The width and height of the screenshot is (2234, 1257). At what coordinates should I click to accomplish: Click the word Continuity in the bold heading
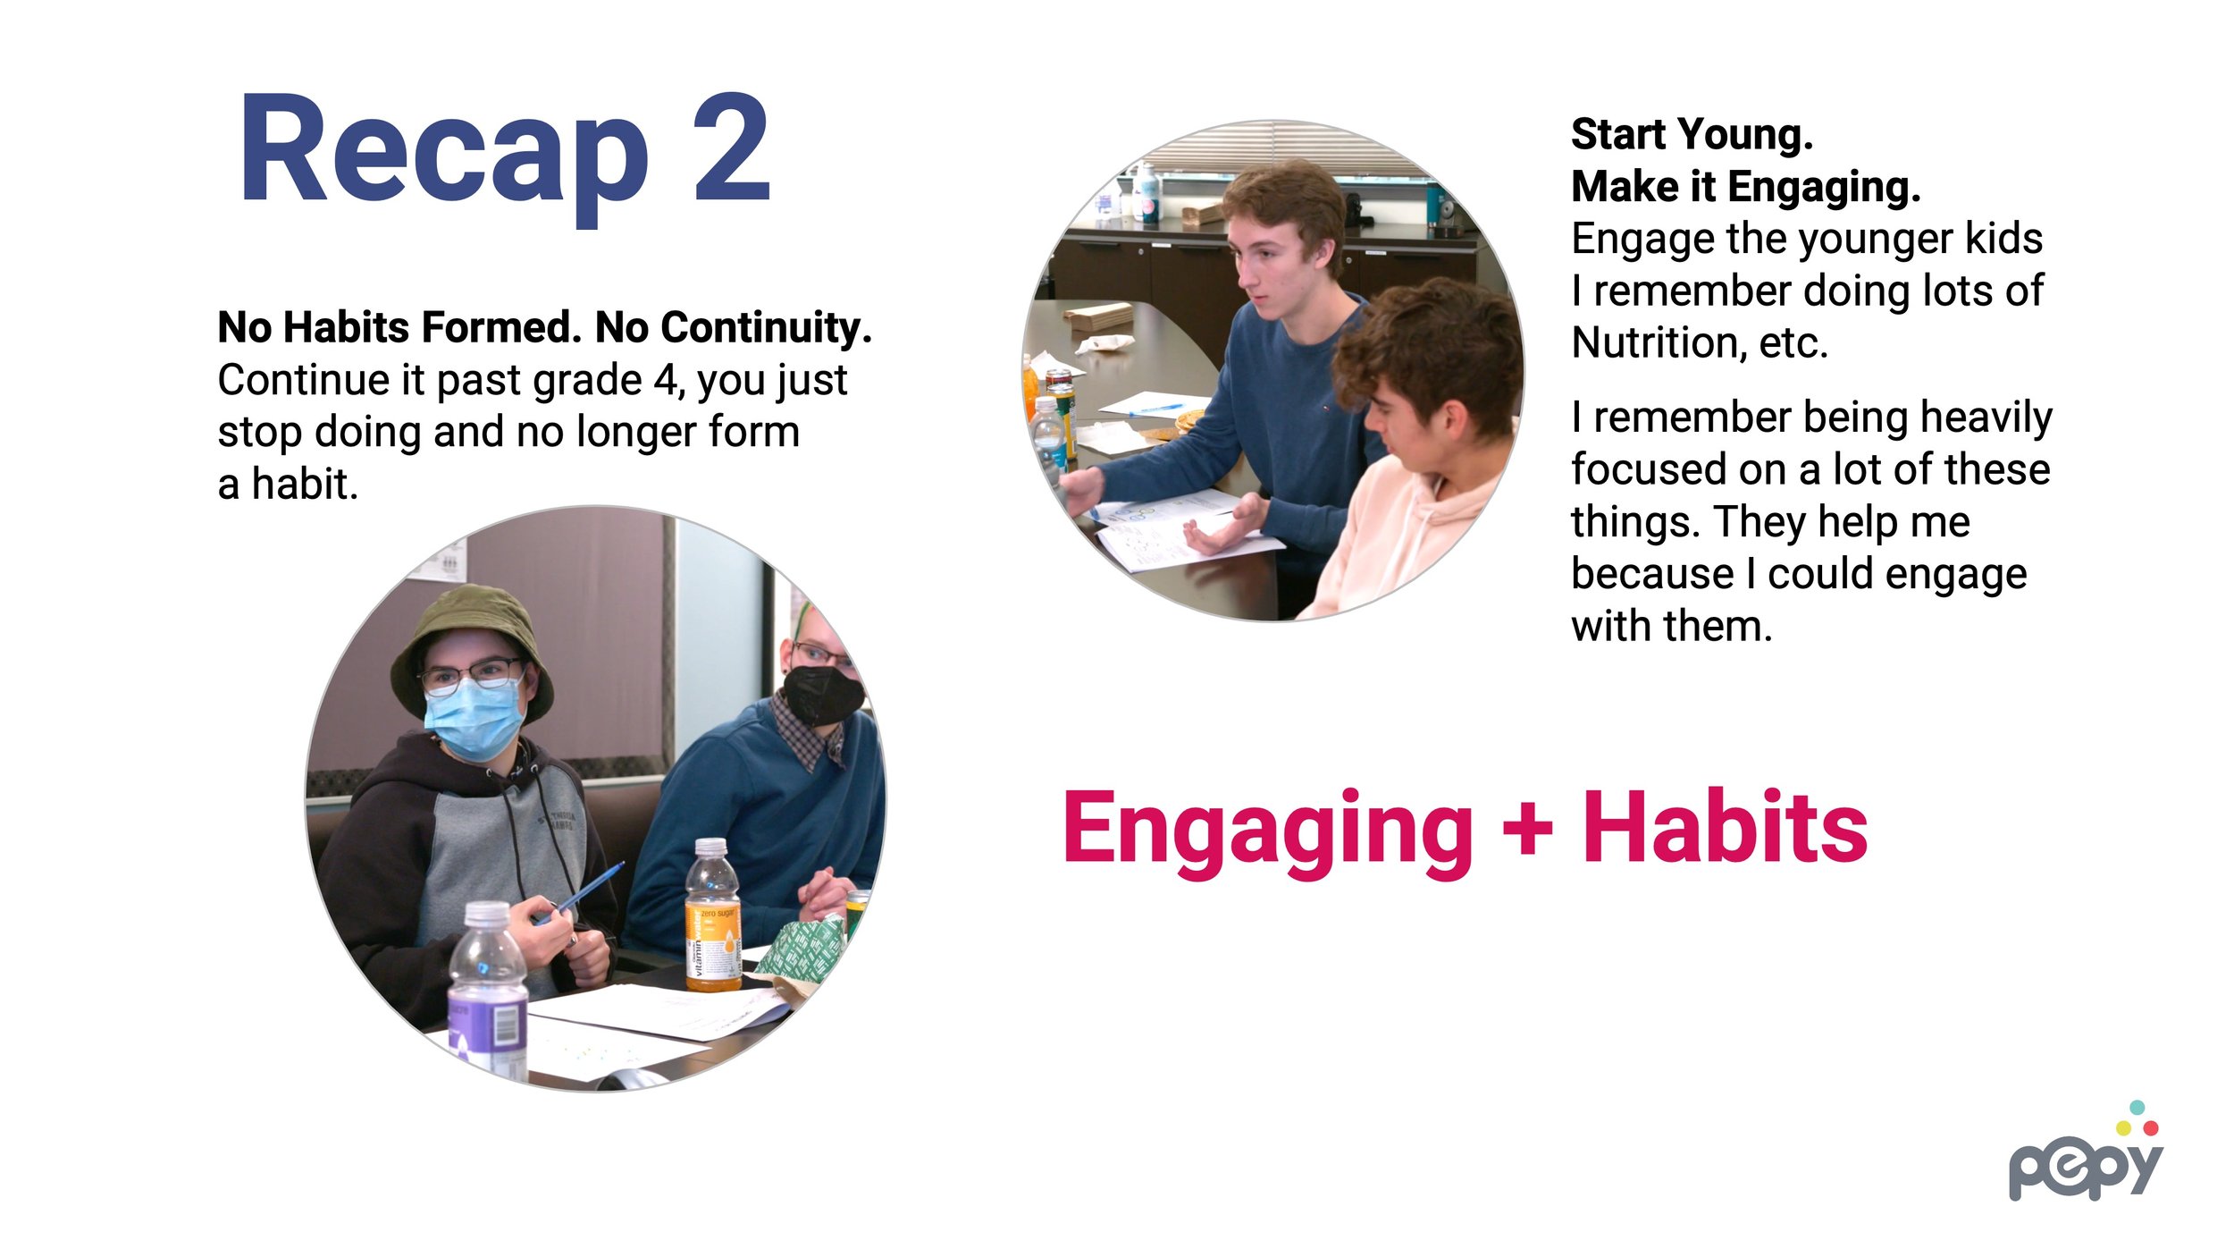pos(733,327)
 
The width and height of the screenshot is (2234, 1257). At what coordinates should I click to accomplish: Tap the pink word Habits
pos(1726,828)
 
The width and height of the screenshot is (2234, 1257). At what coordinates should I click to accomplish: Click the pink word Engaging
pos(1268,834)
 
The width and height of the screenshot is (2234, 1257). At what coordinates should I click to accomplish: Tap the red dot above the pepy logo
pos(2151,1129)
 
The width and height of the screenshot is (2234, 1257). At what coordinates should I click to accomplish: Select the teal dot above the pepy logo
pos(2137,1108)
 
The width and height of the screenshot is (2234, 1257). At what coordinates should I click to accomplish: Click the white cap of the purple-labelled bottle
pos(487,914)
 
